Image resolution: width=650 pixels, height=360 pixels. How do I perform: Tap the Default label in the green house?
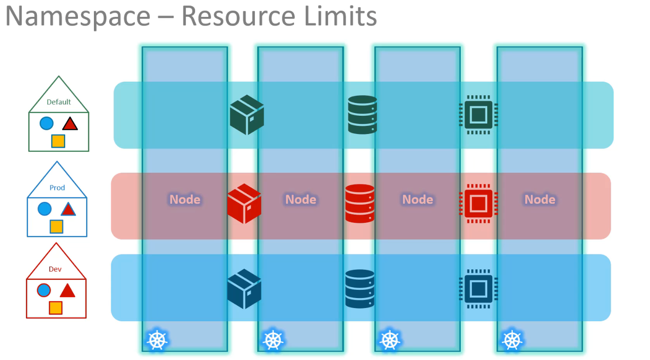tap(59, 102)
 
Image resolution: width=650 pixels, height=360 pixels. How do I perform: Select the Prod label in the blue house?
tap(57, 187)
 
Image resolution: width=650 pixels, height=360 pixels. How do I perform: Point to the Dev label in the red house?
tap(55, 269)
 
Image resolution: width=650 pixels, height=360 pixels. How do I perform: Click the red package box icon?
tap(244, 203)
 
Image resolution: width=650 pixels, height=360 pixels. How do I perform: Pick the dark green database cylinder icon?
tap(362, 114)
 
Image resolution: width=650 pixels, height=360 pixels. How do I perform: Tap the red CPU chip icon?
tap(478, 203)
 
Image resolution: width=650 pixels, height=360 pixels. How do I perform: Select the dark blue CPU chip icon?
tap(478, 288)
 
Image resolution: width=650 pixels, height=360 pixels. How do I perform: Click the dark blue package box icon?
tap(244, 289)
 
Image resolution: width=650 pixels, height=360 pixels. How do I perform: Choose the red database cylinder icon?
tap(360, 203)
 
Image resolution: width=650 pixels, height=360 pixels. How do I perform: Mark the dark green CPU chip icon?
tap(478, 114)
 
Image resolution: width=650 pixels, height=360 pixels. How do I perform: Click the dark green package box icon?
tap(247, 115)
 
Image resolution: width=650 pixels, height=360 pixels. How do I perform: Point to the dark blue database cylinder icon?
tap(360, 288)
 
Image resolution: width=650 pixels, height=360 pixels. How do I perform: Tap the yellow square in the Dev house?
tap(56, 308)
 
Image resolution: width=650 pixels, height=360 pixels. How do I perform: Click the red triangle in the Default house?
tap(70, 123)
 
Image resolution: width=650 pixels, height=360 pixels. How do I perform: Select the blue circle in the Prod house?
tap(45, 209)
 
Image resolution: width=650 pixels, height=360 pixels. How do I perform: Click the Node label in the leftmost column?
tap(185, 199)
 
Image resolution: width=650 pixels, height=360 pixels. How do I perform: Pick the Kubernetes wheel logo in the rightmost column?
tap(512, 340)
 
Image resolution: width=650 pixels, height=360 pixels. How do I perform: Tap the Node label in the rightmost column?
tap(540, 199)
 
